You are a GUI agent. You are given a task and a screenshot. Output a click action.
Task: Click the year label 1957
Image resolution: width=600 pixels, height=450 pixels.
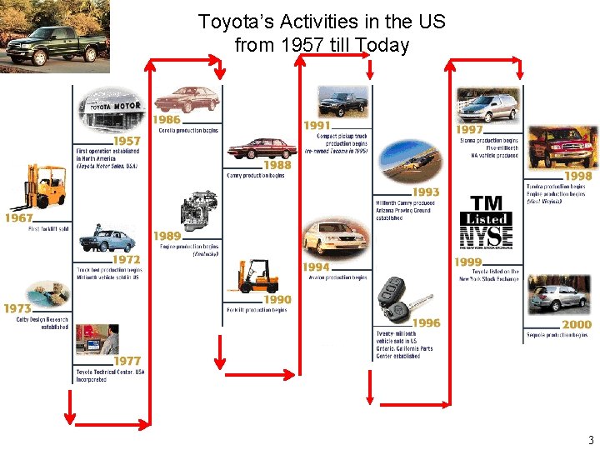[127, 142]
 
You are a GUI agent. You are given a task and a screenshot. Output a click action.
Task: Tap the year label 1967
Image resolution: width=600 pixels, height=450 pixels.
[18, 217]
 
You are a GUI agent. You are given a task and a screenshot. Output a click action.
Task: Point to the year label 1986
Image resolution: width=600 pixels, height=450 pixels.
[166, 120]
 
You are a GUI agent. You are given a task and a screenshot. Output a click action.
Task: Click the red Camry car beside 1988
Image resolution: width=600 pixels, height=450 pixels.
[260, 148]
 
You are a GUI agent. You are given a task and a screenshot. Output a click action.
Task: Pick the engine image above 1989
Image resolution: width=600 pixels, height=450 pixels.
[199, 213]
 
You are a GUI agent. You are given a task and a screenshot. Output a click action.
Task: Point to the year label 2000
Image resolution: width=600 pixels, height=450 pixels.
[577, 324]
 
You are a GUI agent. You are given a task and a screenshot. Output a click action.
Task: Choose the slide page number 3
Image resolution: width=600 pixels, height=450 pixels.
[591, 440]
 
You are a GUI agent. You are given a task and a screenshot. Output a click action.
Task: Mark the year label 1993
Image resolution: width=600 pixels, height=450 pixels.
[426, 192]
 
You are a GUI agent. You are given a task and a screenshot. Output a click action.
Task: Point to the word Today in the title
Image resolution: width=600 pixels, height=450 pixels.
[381, 44]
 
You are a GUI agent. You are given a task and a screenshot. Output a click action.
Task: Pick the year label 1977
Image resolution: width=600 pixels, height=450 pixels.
[127, 361]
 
